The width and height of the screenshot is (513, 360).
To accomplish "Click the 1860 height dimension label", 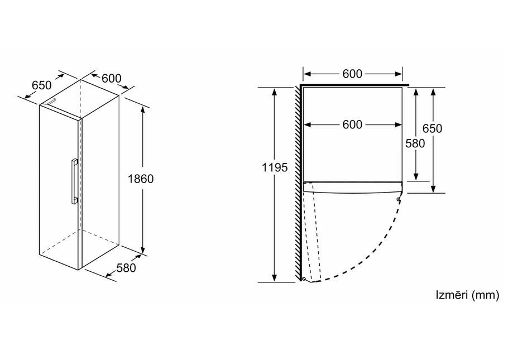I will coord(141,179).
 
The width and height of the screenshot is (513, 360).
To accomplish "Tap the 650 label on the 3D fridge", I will coord(42,85).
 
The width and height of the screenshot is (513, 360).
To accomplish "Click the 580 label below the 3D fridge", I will coord(126,268).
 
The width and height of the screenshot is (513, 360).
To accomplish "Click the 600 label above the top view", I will coord(352,74).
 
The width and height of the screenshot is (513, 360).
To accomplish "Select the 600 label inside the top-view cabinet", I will coord(352,124).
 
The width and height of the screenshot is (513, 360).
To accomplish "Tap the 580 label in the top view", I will coord(415,143).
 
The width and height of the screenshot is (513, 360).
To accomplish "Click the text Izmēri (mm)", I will coord(468,295).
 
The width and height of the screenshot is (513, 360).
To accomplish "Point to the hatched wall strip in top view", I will coord(298,184).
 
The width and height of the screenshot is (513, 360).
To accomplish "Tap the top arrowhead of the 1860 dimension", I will coord(143,109).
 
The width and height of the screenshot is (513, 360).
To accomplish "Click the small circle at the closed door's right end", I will coord(399,199).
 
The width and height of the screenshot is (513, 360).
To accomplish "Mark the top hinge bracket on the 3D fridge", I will coord(51,101).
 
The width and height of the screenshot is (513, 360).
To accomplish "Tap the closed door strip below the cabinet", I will coord(352,186).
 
